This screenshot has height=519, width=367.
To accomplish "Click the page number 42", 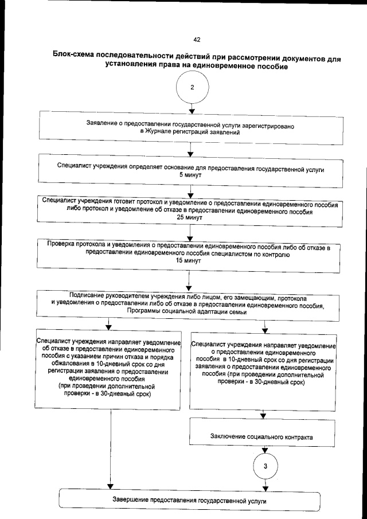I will coord(197,40).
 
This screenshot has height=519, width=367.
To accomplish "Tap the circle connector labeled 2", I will coord(192,88).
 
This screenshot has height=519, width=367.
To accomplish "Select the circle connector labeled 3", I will coord(265,466).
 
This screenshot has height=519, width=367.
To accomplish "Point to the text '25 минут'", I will coord(189,218).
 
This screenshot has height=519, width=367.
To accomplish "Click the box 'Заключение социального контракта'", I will coord(264,436).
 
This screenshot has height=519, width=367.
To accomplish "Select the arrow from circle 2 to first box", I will coord(192,108).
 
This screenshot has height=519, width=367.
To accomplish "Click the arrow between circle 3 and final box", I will coord(265,484).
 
